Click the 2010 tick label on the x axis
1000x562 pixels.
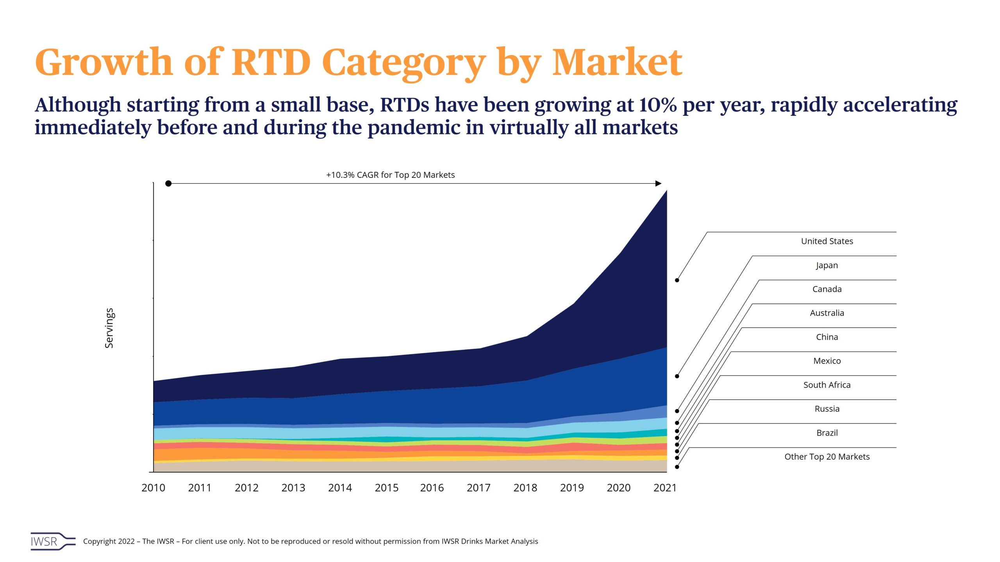pyautogui.click(x=153, y=488)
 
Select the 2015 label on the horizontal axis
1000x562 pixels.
pyautogui.click(x=386, y=488)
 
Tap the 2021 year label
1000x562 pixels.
pyautogui.click(x=665, y=488)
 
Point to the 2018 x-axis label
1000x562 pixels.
pyautogui.click(x=525, y=488)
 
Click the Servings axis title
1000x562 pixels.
pyautogui.click(x=109, y=328)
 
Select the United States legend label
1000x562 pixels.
pyautogui.click(x=827, y=241)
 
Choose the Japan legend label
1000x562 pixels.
pyautogui.click(x=827, y=265)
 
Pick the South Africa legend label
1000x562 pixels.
pyautogui.click(x=827, y=385)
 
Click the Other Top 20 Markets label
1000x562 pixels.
pyautogui.click(x=827, y=457)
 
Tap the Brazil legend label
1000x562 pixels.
pyautogui.click(x=827, y=433)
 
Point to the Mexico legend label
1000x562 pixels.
pyautogui.click(x=827, y=361)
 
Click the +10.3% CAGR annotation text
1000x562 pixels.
pyautogui.click(x=390, y=175)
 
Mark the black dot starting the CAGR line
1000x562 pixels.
pyautogui.click(x=168, y=183)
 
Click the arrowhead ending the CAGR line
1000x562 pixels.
pyautogui.click(x=659, y=183)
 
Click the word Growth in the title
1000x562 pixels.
pyautogui.click(x=104, y=62)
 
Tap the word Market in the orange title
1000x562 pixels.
pyautogui.click(x=617, y=62)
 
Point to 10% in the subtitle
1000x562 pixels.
pyautogui.click(x=658, y=105)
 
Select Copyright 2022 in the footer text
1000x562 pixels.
pyautogui.click(x=109, y=541)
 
